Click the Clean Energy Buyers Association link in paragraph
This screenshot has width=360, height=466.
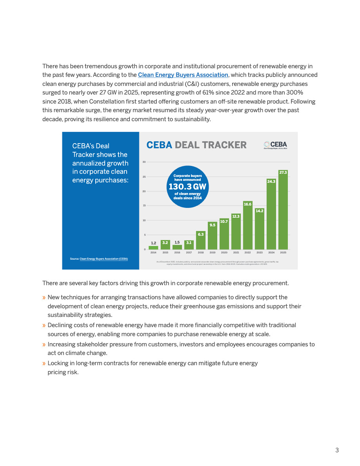coord(183,75)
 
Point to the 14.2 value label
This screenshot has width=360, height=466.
coord(259,211)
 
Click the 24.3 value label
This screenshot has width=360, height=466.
coord(271,181)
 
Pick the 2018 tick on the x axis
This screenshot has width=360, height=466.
coord(200,253)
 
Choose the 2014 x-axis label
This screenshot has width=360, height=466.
coord(153,253)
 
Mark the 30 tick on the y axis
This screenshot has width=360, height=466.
coord(144,162)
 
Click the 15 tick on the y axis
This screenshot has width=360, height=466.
coord(144,206)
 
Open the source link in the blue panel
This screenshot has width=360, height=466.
coord(104,259)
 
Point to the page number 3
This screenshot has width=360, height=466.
coord(337,450)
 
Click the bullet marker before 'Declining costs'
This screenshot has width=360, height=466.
coord(44,325)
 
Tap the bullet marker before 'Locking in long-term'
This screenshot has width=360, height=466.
coord(44,363)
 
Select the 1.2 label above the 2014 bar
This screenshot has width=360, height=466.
coord(153,243)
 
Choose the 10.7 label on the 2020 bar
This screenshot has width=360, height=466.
coord(224,222)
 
